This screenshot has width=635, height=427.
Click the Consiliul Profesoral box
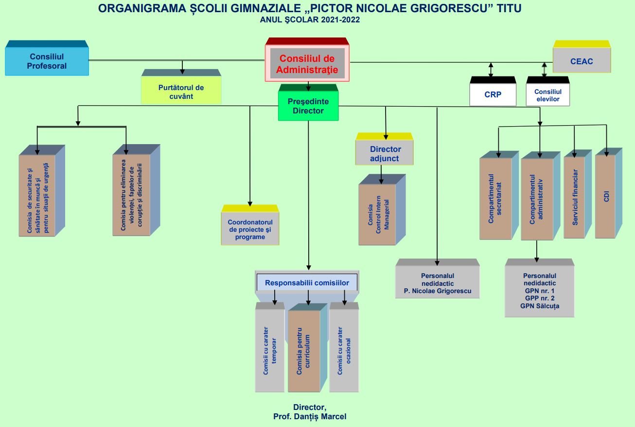pyautogui.click(x=47, y=61)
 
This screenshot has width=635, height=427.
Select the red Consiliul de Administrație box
pyautogui.click(x=307, y=64)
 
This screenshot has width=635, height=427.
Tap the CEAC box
pyautogui.click(x=582, y=62)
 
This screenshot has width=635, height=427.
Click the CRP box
pyautogui.click(x=493, y=94)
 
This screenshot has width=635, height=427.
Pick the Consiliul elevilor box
pyautogui.click(x=547, y=95)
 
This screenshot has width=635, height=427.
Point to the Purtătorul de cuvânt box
pyautogui.click(x=181, y=92)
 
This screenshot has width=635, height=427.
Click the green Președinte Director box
pyautogui.click(x=308, y=106)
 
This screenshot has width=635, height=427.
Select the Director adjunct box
pyautogui.click(x=385, y=153)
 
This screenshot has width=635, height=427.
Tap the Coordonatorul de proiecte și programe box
pyautogui.click(x=250, y=229)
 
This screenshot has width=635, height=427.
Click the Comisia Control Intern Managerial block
pyautogui.click(x=377, y=215)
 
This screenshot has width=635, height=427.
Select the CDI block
pyautogui.click(x=605, y=196)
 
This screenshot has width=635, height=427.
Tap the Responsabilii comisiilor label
pyautogui.click(x=307, y=283)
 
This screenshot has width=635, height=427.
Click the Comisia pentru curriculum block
pyautogui.click(x=304, y=351)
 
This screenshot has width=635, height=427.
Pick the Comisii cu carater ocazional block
pyautogui.click(x=344, y=351)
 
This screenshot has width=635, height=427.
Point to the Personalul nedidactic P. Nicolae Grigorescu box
pyautogui.click(x=437, y=284)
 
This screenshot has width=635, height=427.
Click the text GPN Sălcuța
pyautogui.click(x=539, y=306)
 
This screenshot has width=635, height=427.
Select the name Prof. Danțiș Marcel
pyautogui.click(x=310, y=417)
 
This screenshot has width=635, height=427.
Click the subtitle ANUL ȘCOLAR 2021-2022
pyautogui.click(x=310, y=20)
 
